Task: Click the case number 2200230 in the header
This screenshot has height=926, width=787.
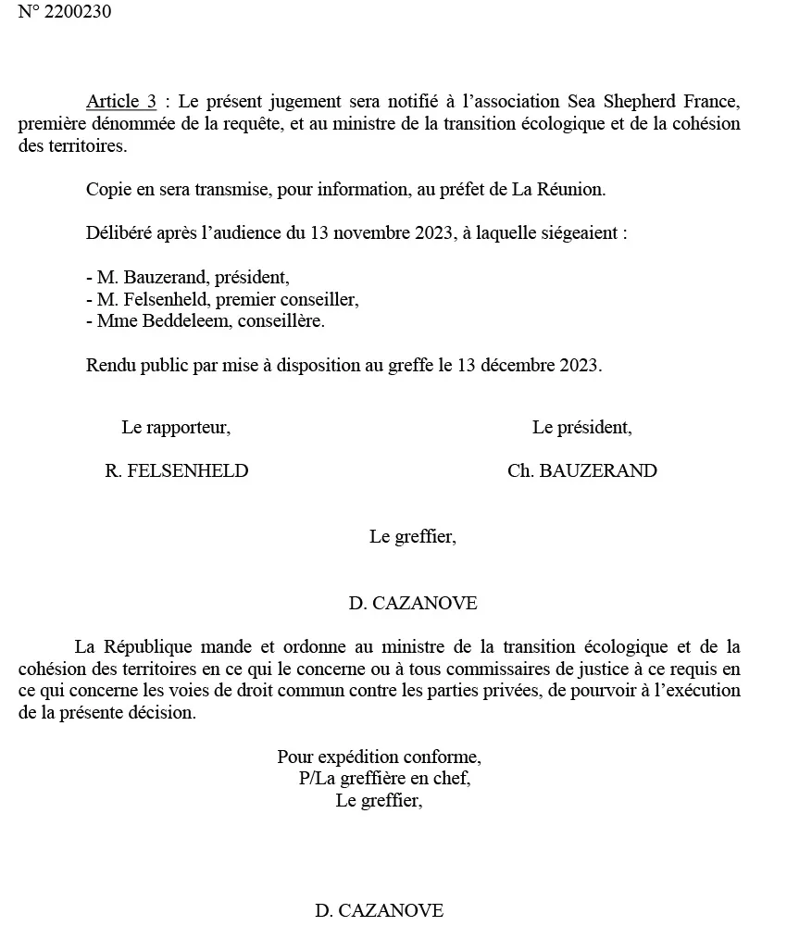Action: coord(78,13)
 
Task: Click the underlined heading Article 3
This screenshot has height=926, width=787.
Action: coord(121,101)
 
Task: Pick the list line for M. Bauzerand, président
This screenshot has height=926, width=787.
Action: coord(187,278)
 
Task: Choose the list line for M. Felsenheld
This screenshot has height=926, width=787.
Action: coord(221,299)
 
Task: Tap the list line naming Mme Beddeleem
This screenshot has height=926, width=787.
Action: coord(205,320)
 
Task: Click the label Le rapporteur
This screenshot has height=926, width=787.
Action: coord(175,428)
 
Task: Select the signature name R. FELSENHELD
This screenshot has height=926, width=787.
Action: coord(177,470)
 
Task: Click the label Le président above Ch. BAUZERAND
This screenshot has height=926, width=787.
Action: coord(581,428)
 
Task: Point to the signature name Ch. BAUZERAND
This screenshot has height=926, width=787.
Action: coord(581,470)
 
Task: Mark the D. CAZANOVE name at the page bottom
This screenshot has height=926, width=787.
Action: coord(379,910)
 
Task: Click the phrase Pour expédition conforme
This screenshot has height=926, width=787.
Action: coord(379,757)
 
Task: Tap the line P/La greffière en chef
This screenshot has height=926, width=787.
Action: coord(384,779)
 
